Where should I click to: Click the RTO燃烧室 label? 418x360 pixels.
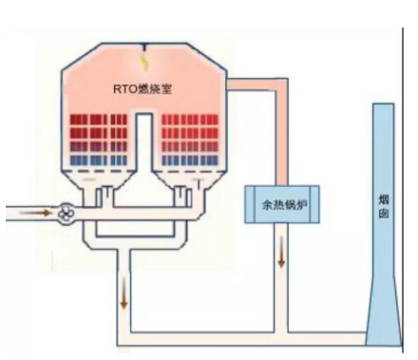(x=140, y=89)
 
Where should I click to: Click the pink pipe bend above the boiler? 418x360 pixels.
(x=275, y=88)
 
